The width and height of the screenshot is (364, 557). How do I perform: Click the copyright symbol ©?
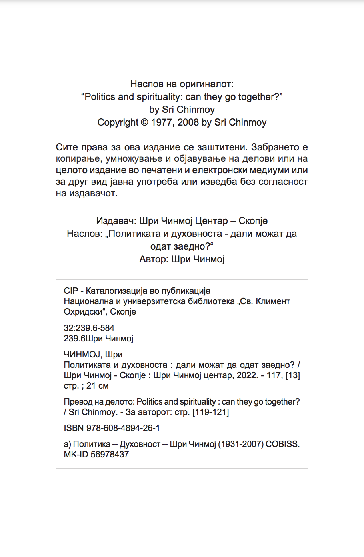[x=144, y=122]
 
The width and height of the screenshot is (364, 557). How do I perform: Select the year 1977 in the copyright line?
[x=162, y=122]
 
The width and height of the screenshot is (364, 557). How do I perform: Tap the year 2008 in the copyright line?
[x=188, y=122]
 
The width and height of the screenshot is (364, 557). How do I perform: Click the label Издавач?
[x=116, y=221]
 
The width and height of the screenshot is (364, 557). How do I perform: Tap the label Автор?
[x=154, y=259]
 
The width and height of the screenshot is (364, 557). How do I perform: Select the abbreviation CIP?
[x=71, y=291]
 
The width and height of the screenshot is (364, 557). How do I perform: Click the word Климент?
[x=274, y=301]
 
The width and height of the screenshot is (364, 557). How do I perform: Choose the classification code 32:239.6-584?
[x=89, y=328]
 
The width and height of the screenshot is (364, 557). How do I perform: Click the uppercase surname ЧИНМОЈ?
[x=83, y=355]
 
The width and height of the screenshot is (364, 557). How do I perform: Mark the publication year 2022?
[x=247, y=375]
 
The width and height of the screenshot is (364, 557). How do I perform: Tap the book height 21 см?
[x=97, y=386]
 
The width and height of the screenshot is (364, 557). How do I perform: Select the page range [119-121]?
[x=210, y=412]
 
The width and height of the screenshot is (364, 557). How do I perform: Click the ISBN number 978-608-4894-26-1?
[x=123, y=428]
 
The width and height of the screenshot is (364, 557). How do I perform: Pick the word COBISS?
[x=282, y=444]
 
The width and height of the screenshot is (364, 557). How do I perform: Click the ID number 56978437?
[x=110, y=455]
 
